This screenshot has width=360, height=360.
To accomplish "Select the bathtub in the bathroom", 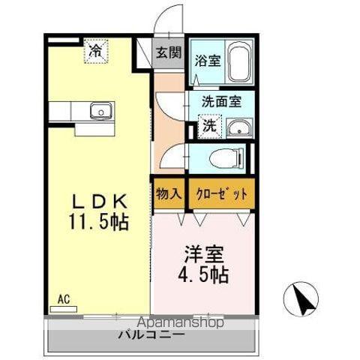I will (238, 61).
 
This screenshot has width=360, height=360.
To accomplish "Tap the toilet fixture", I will (226, 158).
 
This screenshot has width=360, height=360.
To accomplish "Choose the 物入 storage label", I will (169, 193).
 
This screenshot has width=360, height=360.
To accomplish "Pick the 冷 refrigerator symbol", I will (96, 51).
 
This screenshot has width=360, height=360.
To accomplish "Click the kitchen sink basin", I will (100, 112).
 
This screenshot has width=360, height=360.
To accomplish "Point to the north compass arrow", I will (301, 299).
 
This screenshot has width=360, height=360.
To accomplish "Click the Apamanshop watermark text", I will (175, 324).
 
